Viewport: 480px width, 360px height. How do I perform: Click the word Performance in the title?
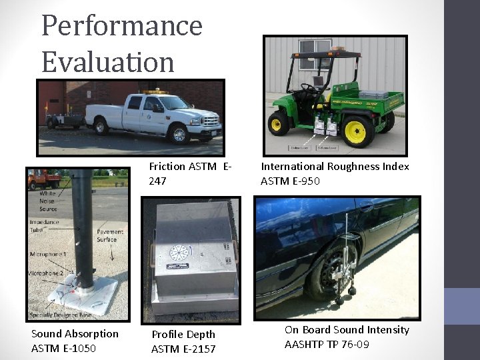coord(121,25)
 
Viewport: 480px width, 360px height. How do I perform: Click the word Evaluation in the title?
coord(107,61)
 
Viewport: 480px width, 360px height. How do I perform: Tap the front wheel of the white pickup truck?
coord(178,134)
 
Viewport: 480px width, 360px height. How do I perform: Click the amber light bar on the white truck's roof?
coord(155,91)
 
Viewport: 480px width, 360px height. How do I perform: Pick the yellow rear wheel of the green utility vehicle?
coord(357,131)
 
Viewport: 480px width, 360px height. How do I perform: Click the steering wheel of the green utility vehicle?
coord(309,87)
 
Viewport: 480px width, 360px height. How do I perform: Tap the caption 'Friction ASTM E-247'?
coord(190,173)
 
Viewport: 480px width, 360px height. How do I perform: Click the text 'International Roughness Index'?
coord(335,167)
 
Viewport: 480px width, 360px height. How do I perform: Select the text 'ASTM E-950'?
coord(290,181)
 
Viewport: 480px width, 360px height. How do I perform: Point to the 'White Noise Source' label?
coord(48,201)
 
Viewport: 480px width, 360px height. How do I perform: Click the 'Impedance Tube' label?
coord(44,226)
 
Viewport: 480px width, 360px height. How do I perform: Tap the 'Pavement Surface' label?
coord(107,235)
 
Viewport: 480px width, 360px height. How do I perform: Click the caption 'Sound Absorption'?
coord(75,334)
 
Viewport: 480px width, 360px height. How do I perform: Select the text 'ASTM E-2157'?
coord(183,349)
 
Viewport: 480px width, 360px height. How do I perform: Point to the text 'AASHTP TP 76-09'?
coord(327,345)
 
